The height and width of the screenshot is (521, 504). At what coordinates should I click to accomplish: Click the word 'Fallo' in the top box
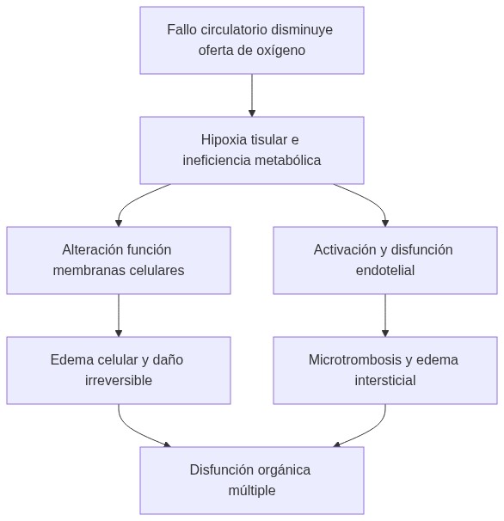point(182,30)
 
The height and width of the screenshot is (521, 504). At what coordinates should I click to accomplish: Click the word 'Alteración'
point(92,250)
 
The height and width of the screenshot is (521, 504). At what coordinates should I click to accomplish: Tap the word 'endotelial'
point(384,271)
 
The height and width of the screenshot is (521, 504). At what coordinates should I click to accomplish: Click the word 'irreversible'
point(119,381)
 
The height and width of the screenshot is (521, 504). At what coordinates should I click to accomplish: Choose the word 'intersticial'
point(384,381)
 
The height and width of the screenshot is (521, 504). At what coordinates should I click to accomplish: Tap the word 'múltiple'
point(251,491)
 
